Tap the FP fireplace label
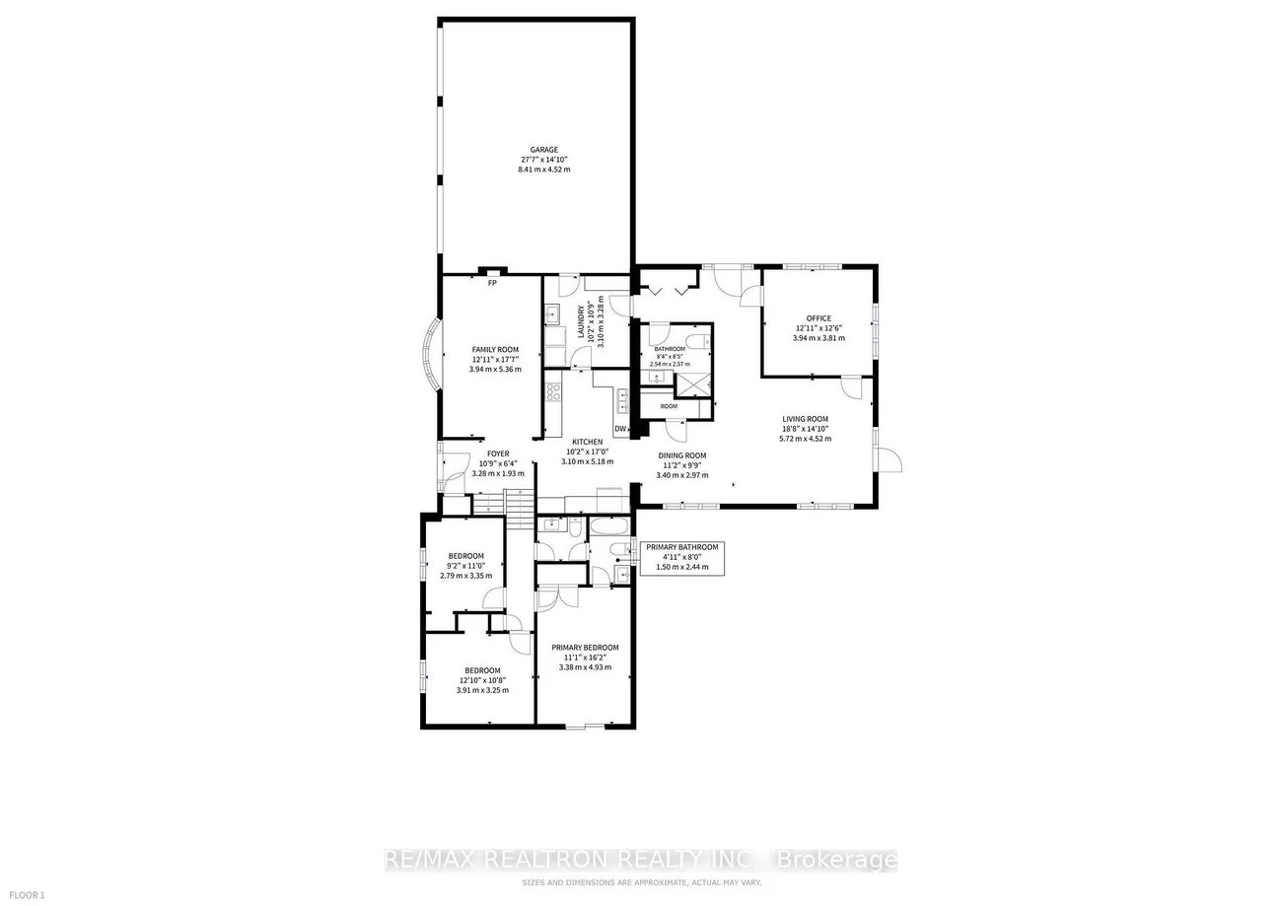point(491,284)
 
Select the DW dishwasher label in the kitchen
point(620,429)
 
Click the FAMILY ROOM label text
point(494,350)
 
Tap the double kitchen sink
point(623,400)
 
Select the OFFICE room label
point(819,318)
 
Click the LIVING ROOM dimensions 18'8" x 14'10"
point(805,429)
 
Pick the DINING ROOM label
point(683,455)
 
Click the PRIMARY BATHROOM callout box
point(681,557)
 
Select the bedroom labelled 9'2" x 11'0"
point(465,561)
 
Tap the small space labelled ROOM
point(669,406)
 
